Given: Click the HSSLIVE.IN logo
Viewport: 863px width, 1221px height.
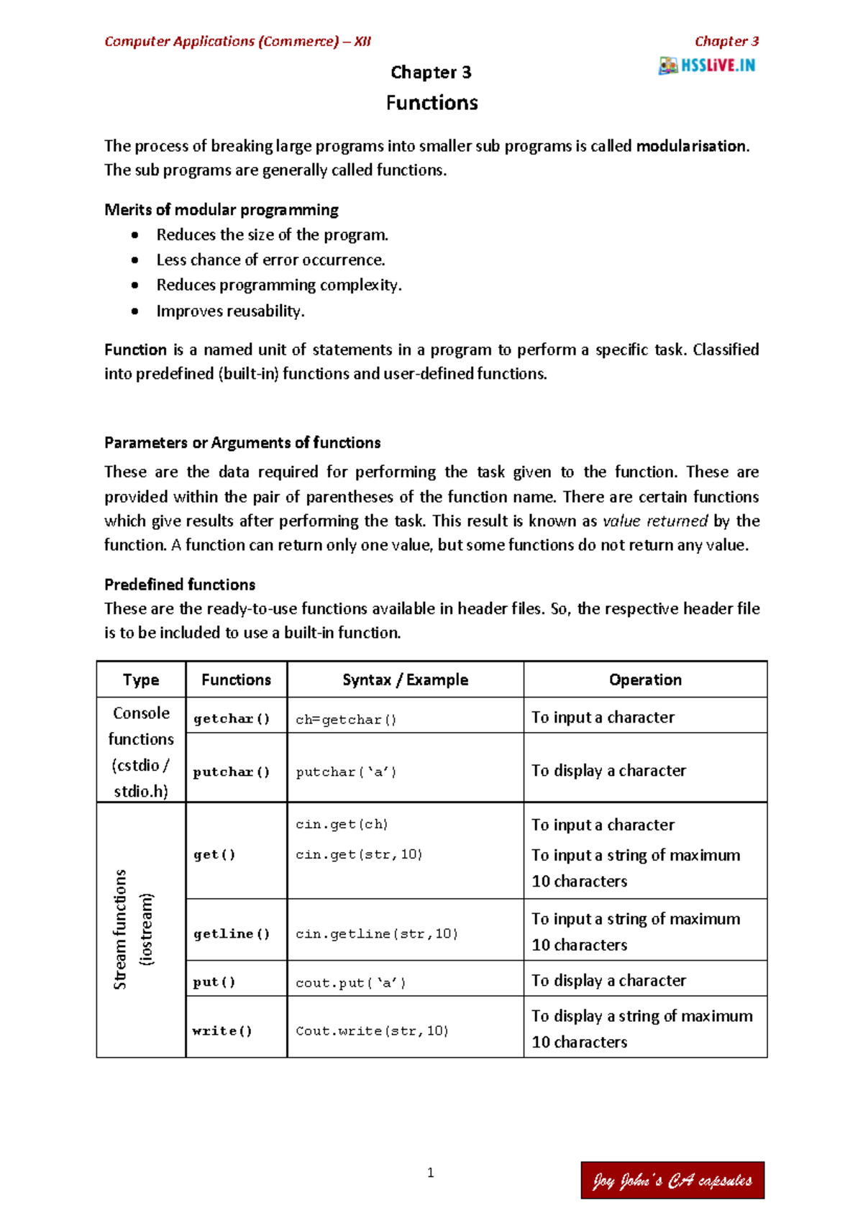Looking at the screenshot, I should click(x=706, y=65).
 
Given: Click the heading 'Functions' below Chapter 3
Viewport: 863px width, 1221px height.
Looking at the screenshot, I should click(x=431, y=103).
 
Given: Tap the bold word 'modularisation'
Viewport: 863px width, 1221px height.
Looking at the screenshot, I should click(x=691, y=146).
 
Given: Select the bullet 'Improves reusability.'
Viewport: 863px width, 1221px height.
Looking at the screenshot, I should click(x=230, y=311).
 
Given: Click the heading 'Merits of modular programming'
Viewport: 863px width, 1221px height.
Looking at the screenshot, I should click(x=221, y=209).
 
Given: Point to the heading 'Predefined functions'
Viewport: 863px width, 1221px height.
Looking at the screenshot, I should click(x=180, y=584).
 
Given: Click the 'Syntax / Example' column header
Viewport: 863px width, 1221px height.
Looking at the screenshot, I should click(x=405, y=680).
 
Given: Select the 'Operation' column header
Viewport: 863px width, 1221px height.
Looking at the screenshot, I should click(x=645, y=680).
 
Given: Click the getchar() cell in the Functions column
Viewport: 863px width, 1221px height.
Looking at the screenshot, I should click(x=232, y=718).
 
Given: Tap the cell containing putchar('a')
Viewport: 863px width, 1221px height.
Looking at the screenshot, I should click(x=346, y=772).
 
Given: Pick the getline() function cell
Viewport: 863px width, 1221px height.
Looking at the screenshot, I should click(x=232, y=933).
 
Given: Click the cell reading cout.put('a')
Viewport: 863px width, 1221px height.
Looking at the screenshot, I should click(x=351, y=982).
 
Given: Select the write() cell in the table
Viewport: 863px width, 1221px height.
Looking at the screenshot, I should click(x=222, y=1030).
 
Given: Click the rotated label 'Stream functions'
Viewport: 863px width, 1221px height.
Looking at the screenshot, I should click(x=120, y=929).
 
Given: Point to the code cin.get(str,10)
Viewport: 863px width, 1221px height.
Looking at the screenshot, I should click(x=359, y=854).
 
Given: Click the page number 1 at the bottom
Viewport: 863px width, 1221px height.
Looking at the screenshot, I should click(x=430, y=1173).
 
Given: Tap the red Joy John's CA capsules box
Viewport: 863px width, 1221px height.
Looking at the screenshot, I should click(x=672, y=1180).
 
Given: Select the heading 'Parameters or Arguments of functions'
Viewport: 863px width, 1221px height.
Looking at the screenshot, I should click(x=242, y=442).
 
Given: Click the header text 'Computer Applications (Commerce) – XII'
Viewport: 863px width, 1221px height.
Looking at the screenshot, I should click(x=237, y=41).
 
